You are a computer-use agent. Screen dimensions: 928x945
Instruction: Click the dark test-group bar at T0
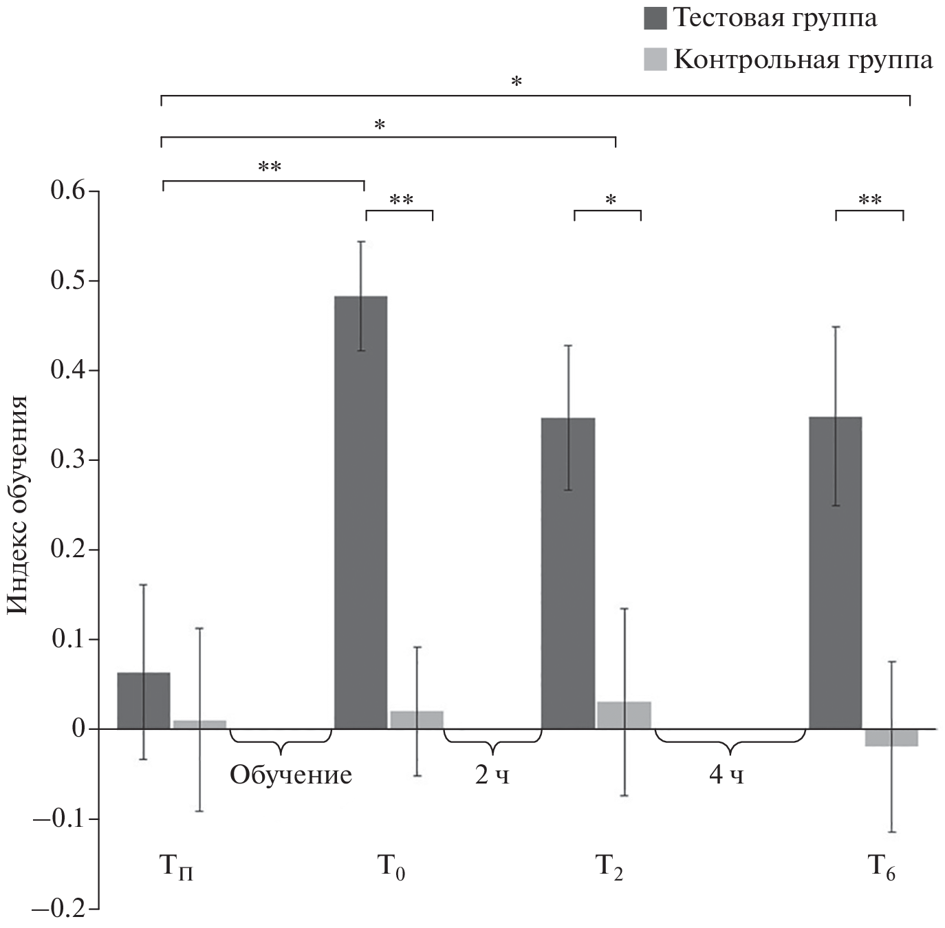point(360,512)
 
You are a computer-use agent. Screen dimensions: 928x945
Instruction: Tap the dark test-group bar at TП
point(144,700)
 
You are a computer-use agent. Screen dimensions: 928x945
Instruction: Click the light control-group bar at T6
point(891,737)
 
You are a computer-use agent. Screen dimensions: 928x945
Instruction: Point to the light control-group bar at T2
point(624,715)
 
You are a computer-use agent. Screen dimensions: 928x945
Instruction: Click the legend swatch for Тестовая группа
point(655,18)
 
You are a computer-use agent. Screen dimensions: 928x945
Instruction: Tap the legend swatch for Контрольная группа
point(655,59)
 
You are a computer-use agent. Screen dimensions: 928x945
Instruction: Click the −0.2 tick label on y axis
point(61,909)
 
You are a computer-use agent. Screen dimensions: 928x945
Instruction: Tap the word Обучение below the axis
point(291,775)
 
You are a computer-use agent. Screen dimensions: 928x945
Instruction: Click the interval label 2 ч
point(492,775)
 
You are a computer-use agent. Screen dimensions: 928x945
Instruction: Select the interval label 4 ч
point(727,775)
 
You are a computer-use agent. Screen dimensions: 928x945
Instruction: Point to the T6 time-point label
point(881,867)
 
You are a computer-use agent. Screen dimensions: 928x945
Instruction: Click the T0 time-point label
point(391,867)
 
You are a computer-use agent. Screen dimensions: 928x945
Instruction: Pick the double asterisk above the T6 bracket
point(870,201)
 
